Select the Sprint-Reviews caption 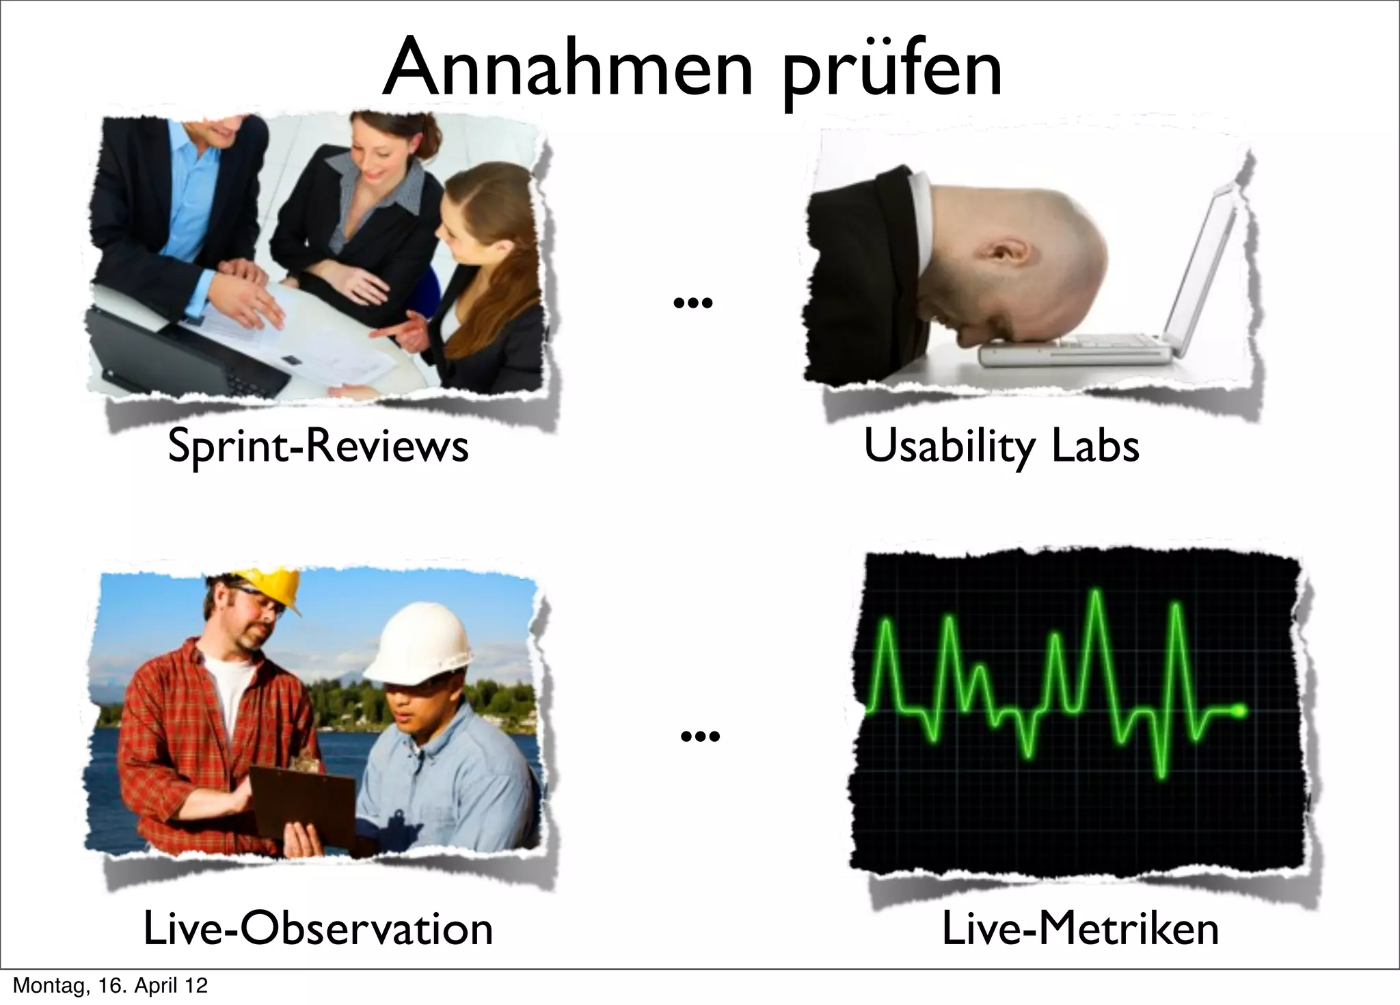(318, 446)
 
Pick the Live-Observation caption (318, 929)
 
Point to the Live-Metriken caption (1080, 929)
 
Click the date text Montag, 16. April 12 (110, 986)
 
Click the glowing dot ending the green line (1241, 712)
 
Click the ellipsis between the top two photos (692, 302)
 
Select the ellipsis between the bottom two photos (701, 736)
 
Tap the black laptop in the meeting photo (185, 356)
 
